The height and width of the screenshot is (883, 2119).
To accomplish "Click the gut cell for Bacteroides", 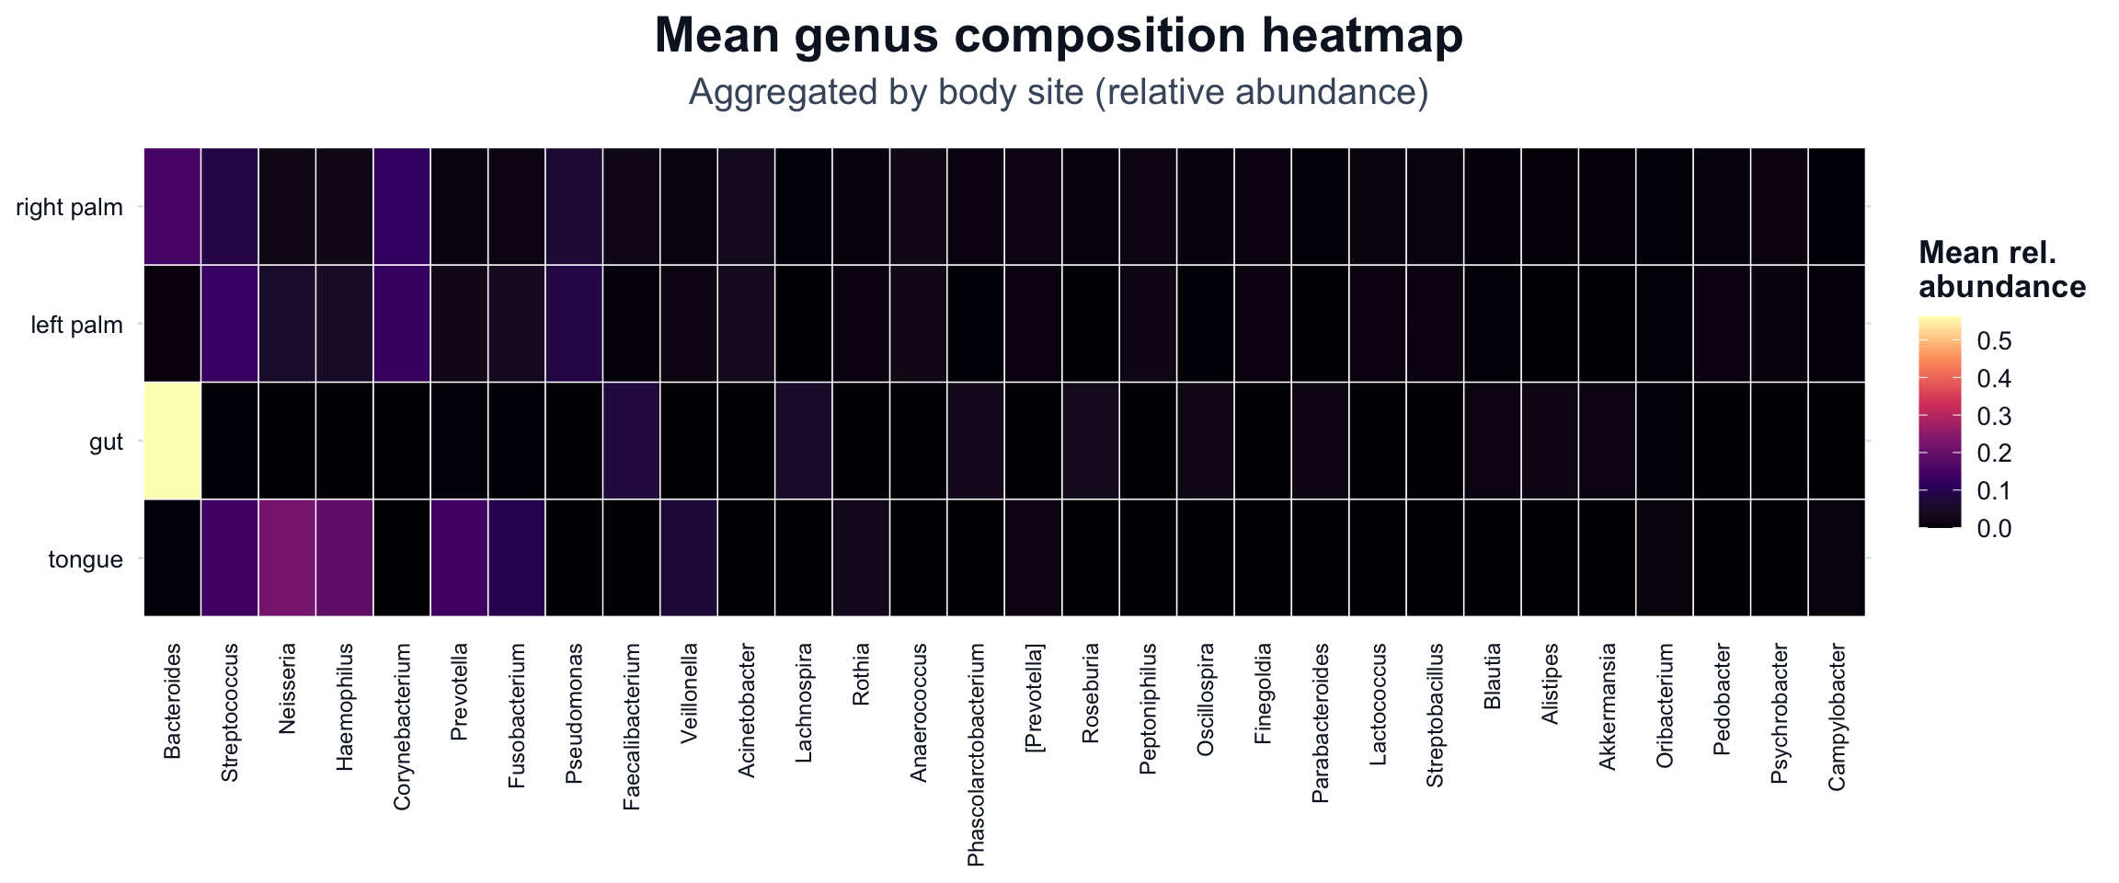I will pos(172,441).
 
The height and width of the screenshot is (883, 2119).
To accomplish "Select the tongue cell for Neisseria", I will pos(287,557).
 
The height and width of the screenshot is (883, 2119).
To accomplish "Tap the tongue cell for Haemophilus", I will pos(344,557).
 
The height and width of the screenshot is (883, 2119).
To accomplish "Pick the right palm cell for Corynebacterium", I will pos(402,206).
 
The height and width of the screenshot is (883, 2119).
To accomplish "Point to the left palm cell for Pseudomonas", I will pos(574,324).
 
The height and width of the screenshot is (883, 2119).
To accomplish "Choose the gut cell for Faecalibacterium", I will pos(631,441).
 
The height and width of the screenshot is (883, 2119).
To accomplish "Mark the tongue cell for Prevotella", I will pos(459,557).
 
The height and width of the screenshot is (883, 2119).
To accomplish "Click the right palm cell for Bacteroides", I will pos(172,206).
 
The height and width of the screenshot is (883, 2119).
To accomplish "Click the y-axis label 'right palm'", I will pos(70,207).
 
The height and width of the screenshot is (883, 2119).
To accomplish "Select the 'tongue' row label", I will pos(86,559).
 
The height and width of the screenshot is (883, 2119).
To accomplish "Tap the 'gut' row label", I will pos(107,442).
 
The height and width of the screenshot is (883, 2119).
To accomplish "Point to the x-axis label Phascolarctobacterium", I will pos(976,755).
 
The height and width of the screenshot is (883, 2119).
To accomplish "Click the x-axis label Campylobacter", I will pos(1837,717).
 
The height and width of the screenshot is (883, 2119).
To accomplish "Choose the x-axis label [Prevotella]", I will pos(1033,698).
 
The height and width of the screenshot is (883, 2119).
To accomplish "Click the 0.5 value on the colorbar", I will pos(1993,341).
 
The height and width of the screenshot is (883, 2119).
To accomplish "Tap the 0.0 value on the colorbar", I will pos(1993,528).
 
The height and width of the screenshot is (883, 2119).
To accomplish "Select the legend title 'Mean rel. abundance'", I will pos(2001,269).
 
